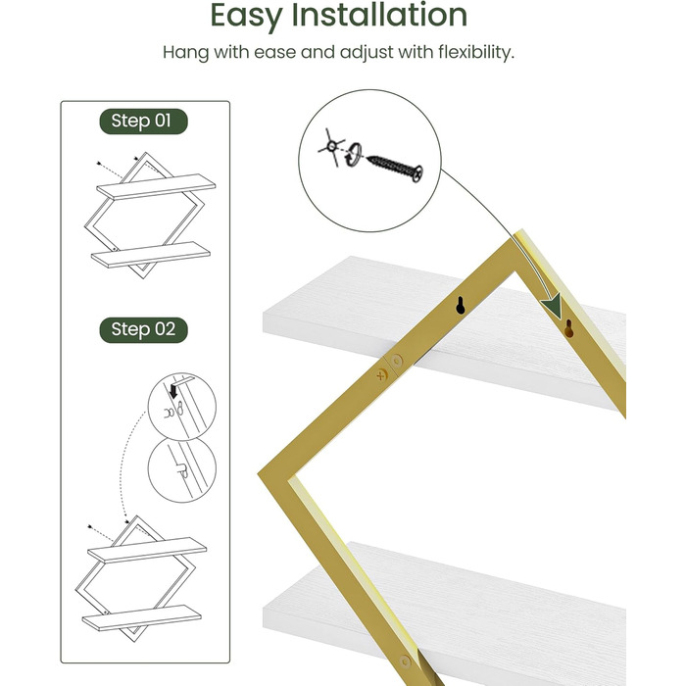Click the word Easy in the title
tap(247, 17)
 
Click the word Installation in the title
tap(379, 15)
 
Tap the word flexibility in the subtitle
tap(476, 53)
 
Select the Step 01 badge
tap(143, 122)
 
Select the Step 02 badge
tap(143, 330)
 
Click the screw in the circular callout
tap(395, 168)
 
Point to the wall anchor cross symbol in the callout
tap(331, 147)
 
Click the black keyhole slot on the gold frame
tap(460, 306)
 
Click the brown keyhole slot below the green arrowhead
tap(568, 328)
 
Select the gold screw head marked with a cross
tap(381, 375)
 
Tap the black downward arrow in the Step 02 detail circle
tap(173, 390)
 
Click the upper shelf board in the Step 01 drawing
tap(156, 187)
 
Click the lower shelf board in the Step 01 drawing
tap(151, 254)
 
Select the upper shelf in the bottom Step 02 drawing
tap(147, 551)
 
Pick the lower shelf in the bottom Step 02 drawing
tap(142, 617)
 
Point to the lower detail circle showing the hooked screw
tap(182, 469)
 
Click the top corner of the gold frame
tap(520, 230)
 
